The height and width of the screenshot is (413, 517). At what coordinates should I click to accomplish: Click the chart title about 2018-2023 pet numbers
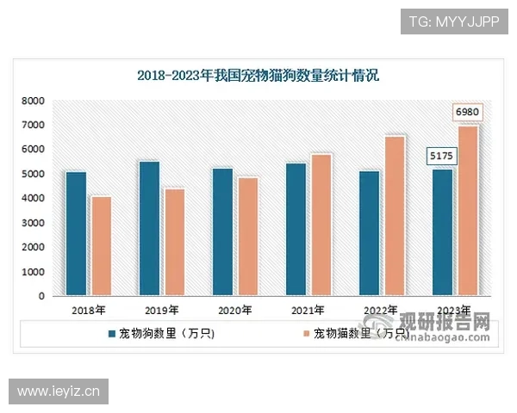[x=258, y=75]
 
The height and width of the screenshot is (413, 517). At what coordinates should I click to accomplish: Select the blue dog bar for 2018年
[x=76, y=233]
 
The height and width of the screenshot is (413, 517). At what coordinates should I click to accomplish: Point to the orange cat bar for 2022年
[x=395, y=216]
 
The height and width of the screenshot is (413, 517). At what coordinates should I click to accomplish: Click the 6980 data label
[x=467, y=113]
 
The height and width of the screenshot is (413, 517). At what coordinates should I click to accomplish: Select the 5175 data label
[x=442, y=157]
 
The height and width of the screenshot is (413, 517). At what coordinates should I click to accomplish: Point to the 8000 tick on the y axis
[x=34, y=101]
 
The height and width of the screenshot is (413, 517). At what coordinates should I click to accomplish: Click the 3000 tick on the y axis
[x=34, y=223]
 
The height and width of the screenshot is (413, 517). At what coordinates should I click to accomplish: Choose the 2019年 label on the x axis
[x=162, y=311]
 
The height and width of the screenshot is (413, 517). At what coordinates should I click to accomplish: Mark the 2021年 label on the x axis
[x=308, y=311]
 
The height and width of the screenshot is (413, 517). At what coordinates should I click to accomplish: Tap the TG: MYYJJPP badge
[x=453, y=21]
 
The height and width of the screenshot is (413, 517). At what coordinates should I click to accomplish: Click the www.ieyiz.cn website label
[x=59, y=392]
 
